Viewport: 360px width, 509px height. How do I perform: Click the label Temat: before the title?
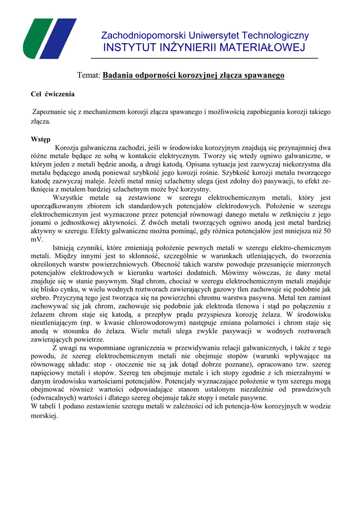coord(89,75)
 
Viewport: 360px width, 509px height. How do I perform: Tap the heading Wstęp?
coord(41,139)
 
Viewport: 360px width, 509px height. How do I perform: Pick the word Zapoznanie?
coord(50,112)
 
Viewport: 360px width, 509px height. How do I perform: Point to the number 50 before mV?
coord(326,231)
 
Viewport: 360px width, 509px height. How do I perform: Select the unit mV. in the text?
coord(37,239)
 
